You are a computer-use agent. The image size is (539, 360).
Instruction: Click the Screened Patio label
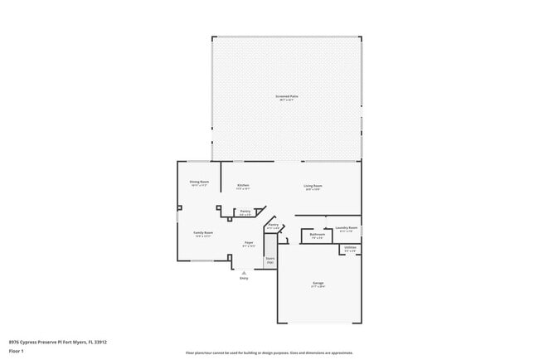287,96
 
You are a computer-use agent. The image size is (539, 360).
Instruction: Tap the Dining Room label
199,181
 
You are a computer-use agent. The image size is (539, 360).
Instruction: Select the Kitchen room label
243,185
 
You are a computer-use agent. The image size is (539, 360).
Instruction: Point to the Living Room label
313,185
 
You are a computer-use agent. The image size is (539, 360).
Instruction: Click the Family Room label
202,233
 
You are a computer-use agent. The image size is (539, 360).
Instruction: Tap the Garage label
318,283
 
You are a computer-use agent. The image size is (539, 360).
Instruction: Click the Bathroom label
317,234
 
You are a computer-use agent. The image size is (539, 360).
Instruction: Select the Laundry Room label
347,227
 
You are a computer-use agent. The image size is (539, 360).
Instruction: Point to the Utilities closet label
350,247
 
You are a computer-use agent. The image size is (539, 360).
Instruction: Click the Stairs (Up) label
269,259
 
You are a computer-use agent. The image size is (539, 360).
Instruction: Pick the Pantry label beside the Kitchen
245,212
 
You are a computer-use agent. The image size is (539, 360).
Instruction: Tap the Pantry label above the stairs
272,224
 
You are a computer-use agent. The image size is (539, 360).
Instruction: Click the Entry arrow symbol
244,271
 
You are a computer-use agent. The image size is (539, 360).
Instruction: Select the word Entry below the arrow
244,278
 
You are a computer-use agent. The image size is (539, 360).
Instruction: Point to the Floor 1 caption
17,351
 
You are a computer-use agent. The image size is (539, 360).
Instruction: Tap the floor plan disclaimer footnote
269,353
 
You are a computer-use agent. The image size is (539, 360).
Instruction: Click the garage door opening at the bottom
319,323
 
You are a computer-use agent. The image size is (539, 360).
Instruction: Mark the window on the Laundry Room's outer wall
362,230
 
